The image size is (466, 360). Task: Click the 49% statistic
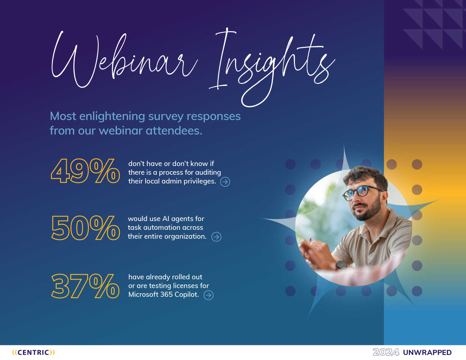click(85, 171)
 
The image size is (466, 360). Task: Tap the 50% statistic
click(85, 228)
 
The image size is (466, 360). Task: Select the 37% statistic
click(85, 286)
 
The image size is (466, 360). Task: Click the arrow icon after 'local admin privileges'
click(225, 182)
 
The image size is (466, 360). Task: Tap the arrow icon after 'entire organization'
click(216, 237)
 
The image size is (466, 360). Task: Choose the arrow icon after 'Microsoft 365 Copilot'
click(209, 295)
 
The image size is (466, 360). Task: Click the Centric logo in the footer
click(34, 352)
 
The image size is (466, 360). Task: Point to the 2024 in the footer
click(386, 352)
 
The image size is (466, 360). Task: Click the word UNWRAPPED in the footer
click(427, 353)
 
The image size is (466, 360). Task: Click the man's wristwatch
click(341, 265)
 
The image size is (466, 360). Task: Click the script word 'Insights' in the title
click(272, 67)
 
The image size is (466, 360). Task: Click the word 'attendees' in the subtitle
click(174, 131)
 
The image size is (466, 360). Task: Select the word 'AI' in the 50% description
click(166, 219)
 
